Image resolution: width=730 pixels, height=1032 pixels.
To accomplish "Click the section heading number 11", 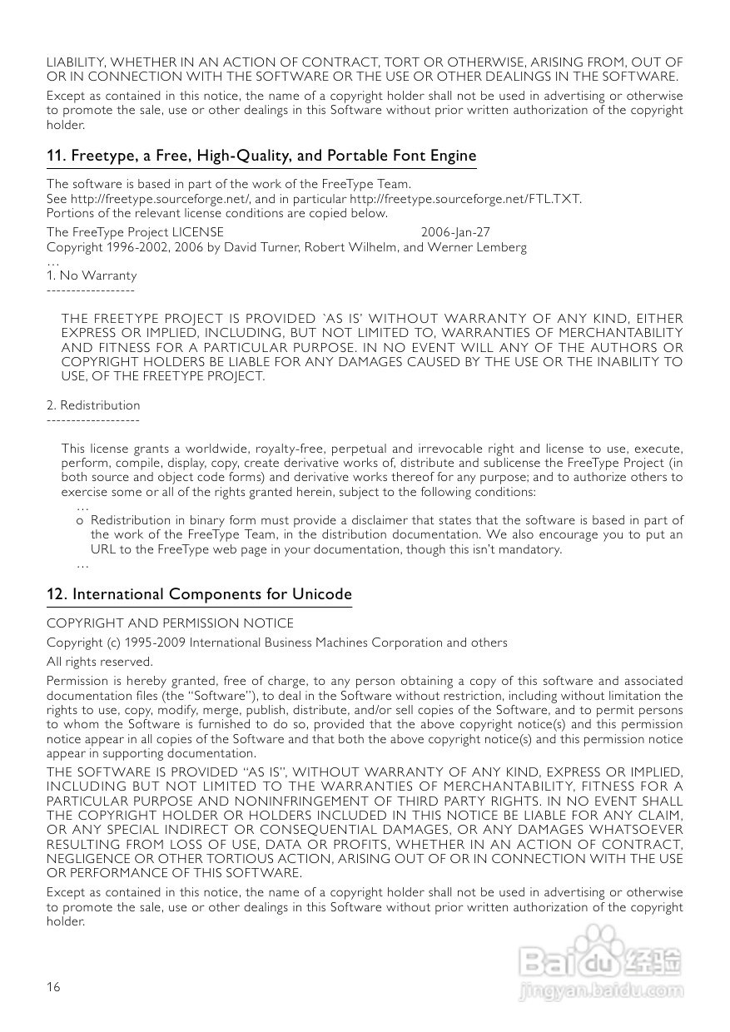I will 55,156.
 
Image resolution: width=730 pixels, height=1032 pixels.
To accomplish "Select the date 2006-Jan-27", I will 455,232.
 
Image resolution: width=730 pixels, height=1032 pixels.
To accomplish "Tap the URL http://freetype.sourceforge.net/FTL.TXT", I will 465,199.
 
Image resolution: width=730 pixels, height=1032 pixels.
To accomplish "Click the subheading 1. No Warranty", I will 92,275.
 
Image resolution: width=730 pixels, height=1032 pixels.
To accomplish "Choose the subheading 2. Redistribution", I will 93,405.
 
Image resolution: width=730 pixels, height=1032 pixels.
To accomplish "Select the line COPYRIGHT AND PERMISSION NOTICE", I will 170,623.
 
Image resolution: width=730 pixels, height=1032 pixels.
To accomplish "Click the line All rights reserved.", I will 100,662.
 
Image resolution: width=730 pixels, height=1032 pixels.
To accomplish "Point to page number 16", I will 53,987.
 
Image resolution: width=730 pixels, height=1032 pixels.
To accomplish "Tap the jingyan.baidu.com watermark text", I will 600,991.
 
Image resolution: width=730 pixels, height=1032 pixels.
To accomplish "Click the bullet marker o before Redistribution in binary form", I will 79,519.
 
